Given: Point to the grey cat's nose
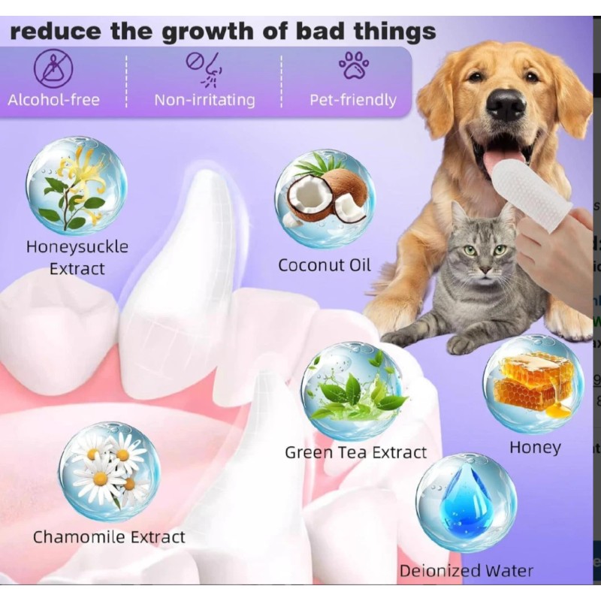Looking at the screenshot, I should (x=478, y=264).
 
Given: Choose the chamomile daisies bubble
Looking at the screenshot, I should (x=109, y=471).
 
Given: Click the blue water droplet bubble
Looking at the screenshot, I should (x=466, y=502).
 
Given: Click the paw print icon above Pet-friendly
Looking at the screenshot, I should (x=353, y=65).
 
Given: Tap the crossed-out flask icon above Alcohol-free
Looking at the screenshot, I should (x=53, y=68).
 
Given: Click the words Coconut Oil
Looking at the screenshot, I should (x=325, y=265).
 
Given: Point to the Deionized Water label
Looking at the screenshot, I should (x=466, y=571).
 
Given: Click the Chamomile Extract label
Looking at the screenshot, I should (x=109, y=537).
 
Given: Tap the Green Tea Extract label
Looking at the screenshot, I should (x=355, y=452).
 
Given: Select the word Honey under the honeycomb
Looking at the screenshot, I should (x=535, y=448).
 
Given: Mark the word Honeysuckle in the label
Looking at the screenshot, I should (x=77, y=246).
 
